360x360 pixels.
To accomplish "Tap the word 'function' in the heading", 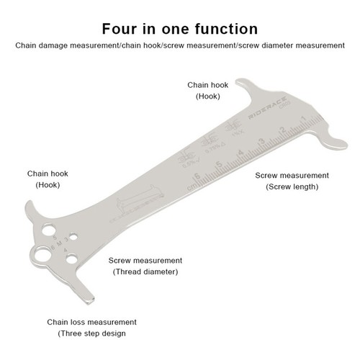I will coord(224,29).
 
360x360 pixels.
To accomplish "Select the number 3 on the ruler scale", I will coord(261,140).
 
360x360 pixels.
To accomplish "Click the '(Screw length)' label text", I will coord(292,186).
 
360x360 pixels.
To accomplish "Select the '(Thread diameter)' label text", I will coord(145,271).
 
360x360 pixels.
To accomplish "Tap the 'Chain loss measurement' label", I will coord(92,322).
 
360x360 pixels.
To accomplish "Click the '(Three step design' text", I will coord(92,334).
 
